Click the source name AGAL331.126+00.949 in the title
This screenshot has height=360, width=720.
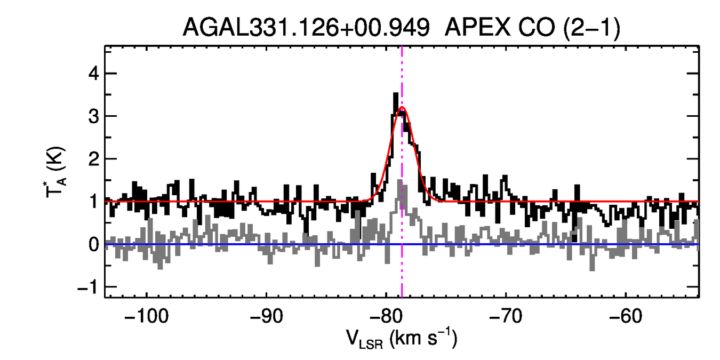click(306, 28)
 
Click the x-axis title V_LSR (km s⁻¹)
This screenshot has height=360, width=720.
click(402, 339)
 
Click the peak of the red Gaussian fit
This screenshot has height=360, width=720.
click(402, 107)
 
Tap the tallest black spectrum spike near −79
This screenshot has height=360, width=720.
click(396, 94)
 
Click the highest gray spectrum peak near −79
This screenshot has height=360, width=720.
click(404, 186)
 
